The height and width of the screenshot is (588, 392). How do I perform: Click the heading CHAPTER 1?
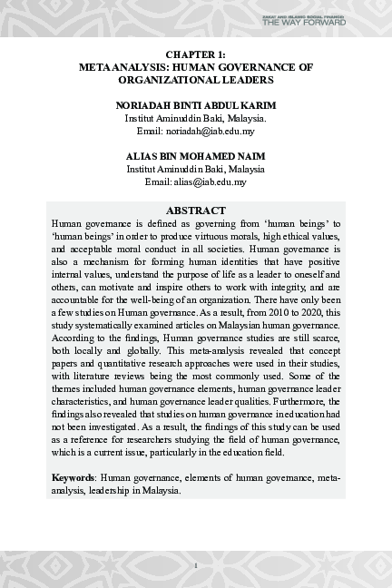(x=196, y=55)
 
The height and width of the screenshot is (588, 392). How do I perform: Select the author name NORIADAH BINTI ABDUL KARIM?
(x=196, y=105)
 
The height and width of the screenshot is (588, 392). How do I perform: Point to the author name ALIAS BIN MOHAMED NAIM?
(x=196, y=156)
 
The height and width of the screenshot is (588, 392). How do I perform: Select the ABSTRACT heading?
(x=196, y=210)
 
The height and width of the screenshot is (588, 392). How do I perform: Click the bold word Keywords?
(x=73, y=476)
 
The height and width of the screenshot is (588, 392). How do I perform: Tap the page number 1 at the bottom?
(x=196, y=565)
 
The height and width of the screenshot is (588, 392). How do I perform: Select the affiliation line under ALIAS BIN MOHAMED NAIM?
(x=196, y=169)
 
